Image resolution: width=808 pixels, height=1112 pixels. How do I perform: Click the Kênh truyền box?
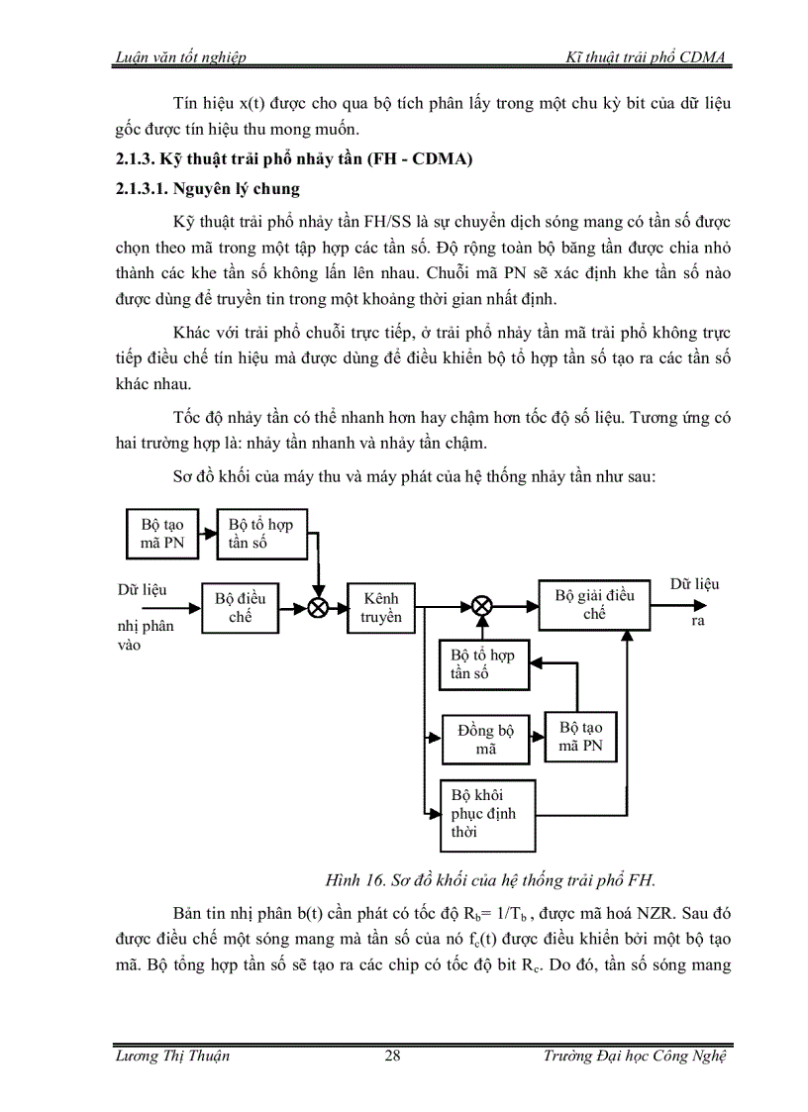381,607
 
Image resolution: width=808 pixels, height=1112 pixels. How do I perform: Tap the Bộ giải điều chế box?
593,604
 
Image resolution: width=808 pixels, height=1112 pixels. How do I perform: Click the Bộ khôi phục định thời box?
487,815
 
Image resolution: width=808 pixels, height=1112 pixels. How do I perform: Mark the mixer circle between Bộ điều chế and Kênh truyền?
318,608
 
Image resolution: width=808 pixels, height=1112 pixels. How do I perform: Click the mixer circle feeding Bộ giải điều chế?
482,605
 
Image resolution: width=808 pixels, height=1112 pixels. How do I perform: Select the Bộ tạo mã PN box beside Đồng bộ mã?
580,737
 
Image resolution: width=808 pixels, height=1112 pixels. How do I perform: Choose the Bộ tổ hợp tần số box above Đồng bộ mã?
483,663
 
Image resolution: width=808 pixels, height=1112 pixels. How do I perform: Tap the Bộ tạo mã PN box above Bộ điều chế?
162,533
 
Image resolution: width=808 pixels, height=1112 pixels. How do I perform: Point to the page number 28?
393,1056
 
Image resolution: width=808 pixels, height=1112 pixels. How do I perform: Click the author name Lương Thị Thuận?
172,1056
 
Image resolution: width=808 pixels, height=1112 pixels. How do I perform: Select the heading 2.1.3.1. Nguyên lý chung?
208,188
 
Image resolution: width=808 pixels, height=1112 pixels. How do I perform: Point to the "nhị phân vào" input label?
145,635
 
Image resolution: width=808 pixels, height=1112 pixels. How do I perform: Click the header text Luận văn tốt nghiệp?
180,59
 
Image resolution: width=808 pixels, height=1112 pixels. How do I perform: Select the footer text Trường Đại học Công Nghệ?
635,1056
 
